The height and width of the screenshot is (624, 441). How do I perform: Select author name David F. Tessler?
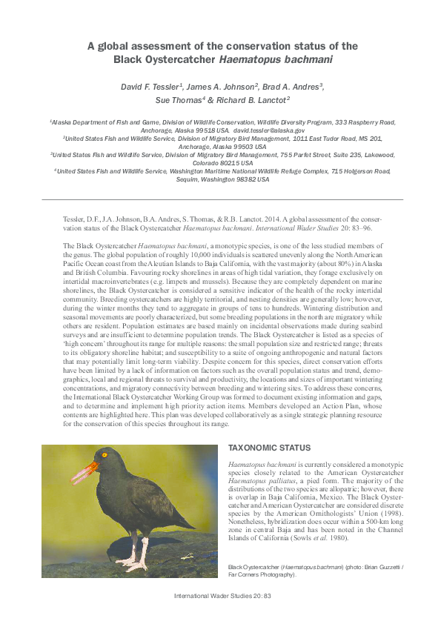click(150, 87)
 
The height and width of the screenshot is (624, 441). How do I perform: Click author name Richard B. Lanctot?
click(248, 100)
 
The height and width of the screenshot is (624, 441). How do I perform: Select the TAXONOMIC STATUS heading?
click(269, 449)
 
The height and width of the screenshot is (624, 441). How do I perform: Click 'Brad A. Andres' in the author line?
click(293, 87)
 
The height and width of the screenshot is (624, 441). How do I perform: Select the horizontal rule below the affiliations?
click(222, 199)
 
